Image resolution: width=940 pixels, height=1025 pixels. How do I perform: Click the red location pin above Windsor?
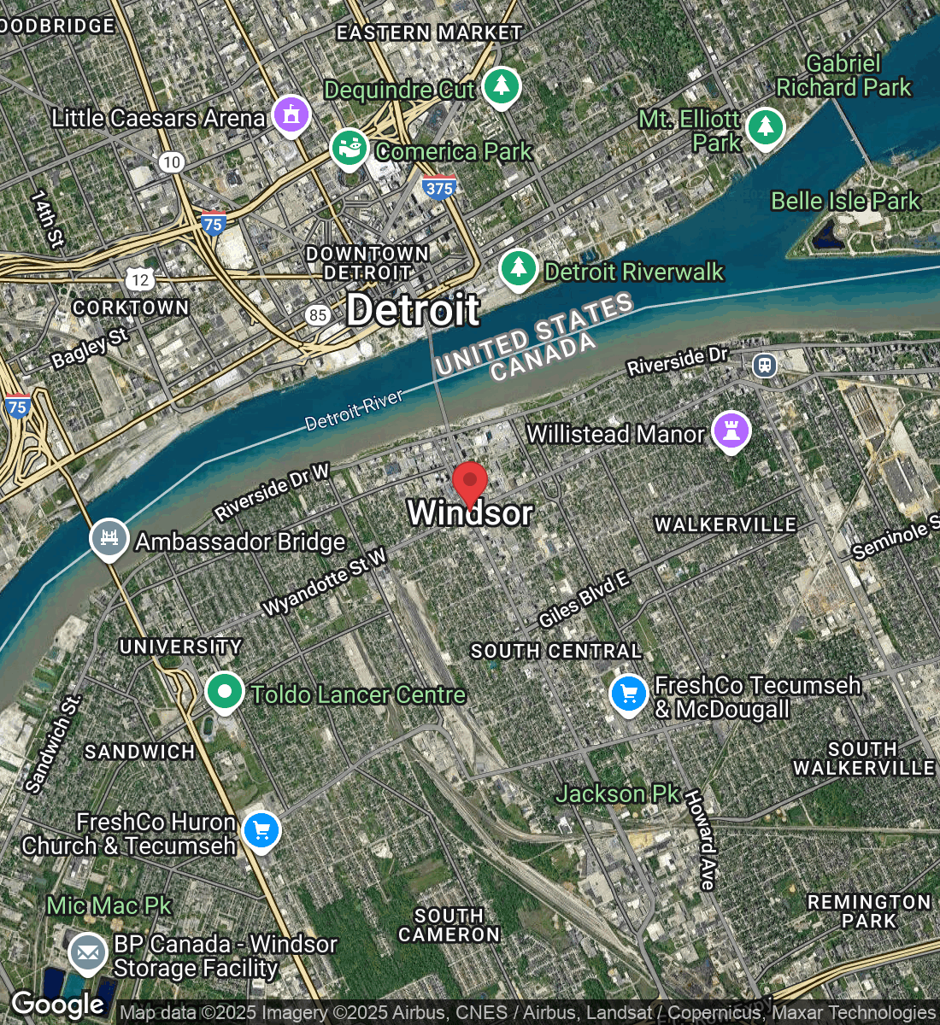click(x=469, y=483)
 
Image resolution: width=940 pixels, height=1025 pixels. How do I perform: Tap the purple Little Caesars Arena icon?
click(x=291, y=114)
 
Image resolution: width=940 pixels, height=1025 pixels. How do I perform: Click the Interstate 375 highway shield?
click(x=438, y=187)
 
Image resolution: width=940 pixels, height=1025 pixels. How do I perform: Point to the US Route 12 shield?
click(x=140, y=278)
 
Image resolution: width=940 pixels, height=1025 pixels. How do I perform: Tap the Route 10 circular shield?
click(x=172, y=161)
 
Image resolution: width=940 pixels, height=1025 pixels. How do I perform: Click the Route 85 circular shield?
click(x=318, y=315)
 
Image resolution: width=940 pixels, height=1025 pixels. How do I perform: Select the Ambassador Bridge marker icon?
click(x=109, y=538)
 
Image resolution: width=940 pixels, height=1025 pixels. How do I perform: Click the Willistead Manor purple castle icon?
click(x=731, y=430)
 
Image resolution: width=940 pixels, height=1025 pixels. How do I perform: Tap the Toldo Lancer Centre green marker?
click(x=225, y=691)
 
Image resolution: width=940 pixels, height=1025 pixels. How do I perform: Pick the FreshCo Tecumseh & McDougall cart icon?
click(x=629, y=694)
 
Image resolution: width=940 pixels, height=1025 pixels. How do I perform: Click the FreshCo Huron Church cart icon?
click(x=261, y=829)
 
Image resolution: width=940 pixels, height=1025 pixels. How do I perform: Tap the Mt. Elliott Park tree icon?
click(x=765, y=127)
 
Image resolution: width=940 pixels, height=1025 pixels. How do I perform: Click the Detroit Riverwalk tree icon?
click(x=518, y=268)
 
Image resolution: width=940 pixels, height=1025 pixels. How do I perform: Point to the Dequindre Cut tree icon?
click(x=502, y=85)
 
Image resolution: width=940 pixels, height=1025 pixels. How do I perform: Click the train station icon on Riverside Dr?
click(x=764, y=366)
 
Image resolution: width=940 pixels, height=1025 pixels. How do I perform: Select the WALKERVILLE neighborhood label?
click(x=726, y=524)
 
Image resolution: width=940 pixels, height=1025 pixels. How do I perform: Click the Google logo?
click(x=57, y=1004)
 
